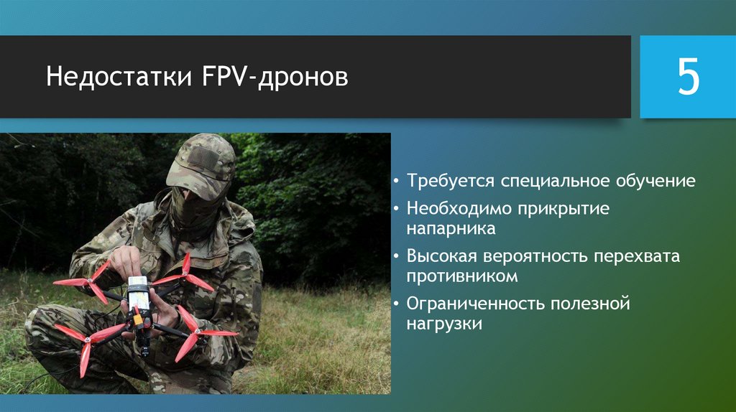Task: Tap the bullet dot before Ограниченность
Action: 397,304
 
